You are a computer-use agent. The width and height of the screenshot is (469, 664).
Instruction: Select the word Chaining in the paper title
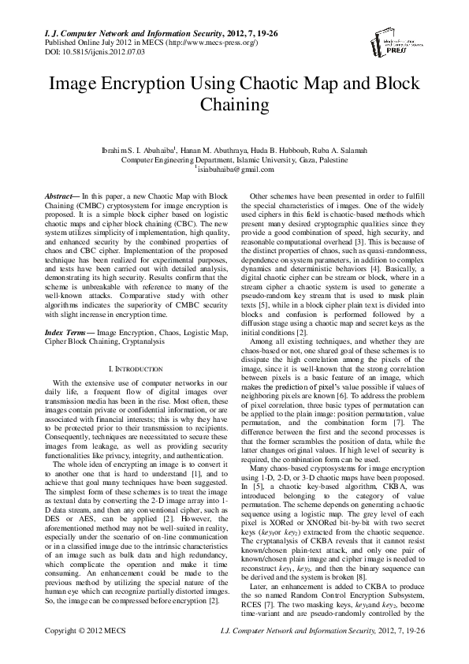pyautogui.click(x=234, y=103)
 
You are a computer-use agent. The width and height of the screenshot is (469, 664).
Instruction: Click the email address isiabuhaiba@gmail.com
pyautogui.click(x=236, y=169)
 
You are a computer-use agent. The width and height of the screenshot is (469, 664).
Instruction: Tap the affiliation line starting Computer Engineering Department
pyautogui.click(x=234, y=158)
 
